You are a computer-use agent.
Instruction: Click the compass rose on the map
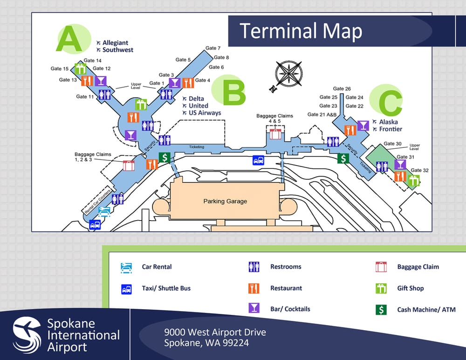coord(288,74)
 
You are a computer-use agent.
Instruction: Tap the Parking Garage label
coord(225,201)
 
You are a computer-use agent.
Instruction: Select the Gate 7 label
coord(213,48)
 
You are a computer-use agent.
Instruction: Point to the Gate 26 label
coord(342,89)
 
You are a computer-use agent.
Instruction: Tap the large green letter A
coord(69,39)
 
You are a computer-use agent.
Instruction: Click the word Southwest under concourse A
coord(118,50)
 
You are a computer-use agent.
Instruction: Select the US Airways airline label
coord(205,113)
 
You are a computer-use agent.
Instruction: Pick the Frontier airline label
coord(391,129)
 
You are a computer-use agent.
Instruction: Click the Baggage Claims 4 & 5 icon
coord(275,134)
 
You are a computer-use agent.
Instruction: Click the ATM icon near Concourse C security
coord(343,158)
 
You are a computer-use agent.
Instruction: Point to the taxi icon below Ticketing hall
coord(259,160)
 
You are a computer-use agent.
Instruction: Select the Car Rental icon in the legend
coord(126,267)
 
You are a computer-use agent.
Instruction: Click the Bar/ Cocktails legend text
coord(290,309)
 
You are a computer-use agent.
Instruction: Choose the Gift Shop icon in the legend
coord(381,289)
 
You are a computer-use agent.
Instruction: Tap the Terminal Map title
coord(301,31)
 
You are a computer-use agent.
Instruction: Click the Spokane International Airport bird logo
coord(27,334)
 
